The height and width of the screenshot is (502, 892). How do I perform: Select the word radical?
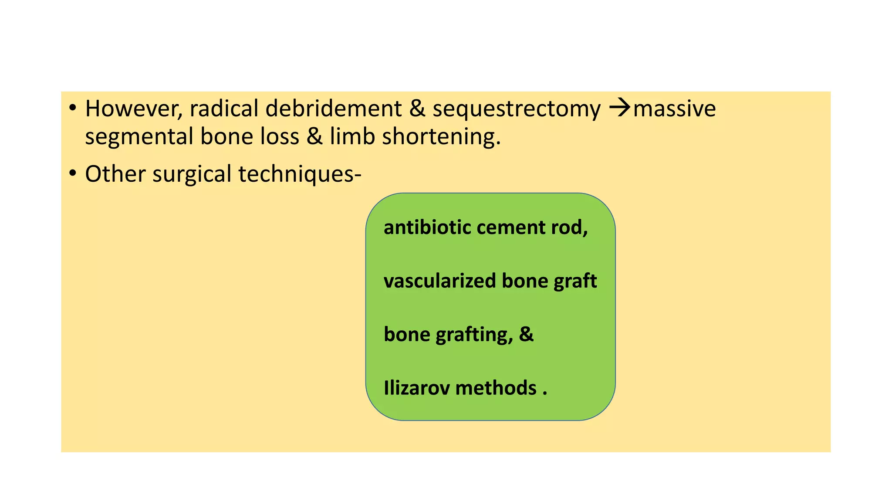pos(224,109)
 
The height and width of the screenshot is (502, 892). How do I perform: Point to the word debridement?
pos(333,109)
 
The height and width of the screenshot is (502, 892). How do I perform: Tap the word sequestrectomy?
pos(516,109)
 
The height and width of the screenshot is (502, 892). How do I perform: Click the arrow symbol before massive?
pos(619,108)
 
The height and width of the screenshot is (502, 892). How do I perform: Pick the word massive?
pos(674,109)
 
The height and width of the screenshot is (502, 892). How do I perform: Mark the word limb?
pos(352,137)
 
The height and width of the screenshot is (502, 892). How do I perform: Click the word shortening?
pos(441,137)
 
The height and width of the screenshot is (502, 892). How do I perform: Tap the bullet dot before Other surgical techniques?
pos(72,173)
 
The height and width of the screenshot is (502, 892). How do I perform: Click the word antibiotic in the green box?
pos(427,227)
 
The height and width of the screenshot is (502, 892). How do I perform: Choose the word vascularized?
pos(439,281)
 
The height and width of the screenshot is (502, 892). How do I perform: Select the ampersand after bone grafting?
pos(526,334)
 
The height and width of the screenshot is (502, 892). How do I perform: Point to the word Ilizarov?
pos(416,388)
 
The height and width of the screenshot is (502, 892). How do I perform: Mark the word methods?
pos(496,388)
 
